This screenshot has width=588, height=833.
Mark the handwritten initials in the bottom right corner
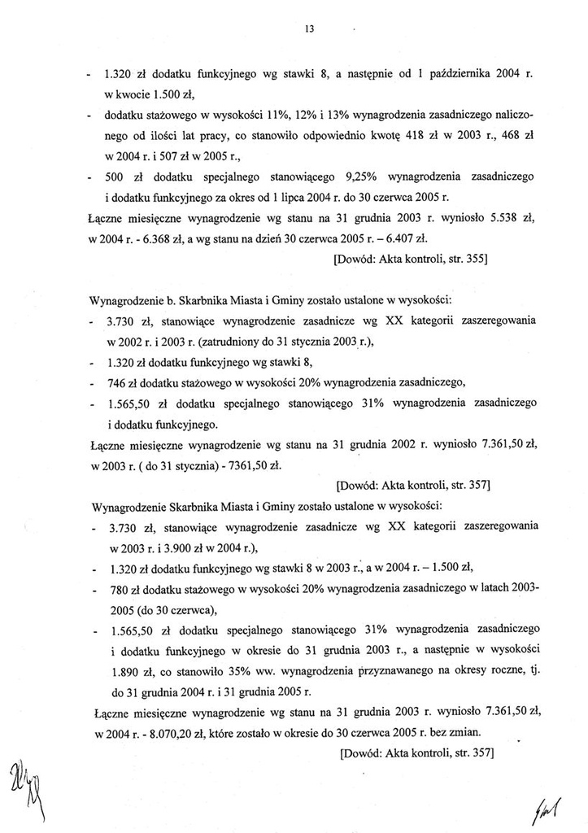pos(551,808)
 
